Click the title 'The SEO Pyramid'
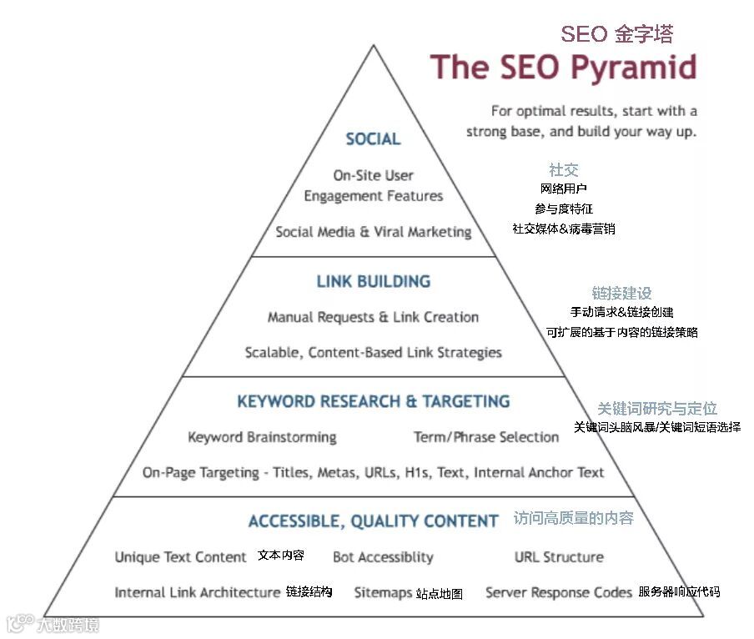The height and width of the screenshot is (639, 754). click(563, 68)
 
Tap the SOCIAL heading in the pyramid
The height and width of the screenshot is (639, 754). click(373, 139)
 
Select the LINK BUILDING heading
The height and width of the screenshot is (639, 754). click(373, 281)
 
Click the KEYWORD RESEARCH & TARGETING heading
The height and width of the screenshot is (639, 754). click(373, 401)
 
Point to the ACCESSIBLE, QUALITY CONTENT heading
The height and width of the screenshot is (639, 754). click(373, 521)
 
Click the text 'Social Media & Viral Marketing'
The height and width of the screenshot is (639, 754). click(373, 232)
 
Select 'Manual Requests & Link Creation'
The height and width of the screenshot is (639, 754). click(373, 317)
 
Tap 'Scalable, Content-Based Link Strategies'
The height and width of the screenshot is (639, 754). click(373, 352)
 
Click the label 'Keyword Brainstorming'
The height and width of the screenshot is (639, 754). click(262, 437)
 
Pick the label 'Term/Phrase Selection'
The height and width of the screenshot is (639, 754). click(485, 437)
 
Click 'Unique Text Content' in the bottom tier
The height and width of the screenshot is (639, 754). click(180, 557)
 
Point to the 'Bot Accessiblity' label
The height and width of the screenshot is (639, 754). click(383, 557)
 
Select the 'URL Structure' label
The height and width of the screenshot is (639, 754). click(558, 557)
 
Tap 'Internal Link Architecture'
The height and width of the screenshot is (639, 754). click(197, 592)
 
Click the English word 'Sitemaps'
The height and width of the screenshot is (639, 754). click(383, 593)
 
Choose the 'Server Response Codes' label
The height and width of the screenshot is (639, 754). click(558, 592)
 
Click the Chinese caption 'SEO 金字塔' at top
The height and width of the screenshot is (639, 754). click(616, 34)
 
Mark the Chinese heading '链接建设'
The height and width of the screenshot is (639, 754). click(621, 294)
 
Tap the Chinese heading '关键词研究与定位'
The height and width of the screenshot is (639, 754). click(656, 409)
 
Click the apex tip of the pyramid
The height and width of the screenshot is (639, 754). click(374, 46)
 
